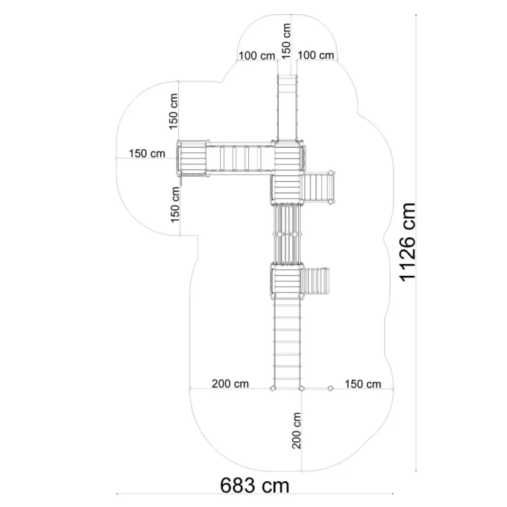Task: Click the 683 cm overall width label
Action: tap(255, 485)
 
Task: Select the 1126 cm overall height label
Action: tap(407, 242)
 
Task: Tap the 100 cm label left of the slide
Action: tap(256, 56)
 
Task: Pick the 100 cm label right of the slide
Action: tap(315, 55)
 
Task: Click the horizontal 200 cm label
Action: tap(230, 384)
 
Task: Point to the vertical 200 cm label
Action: tap(296, 430)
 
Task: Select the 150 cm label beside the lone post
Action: tap(363, 384)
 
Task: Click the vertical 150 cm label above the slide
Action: tap(286, 41)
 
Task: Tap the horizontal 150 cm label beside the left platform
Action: tap(147, 154)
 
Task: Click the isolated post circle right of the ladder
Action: tap(330, 388)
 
